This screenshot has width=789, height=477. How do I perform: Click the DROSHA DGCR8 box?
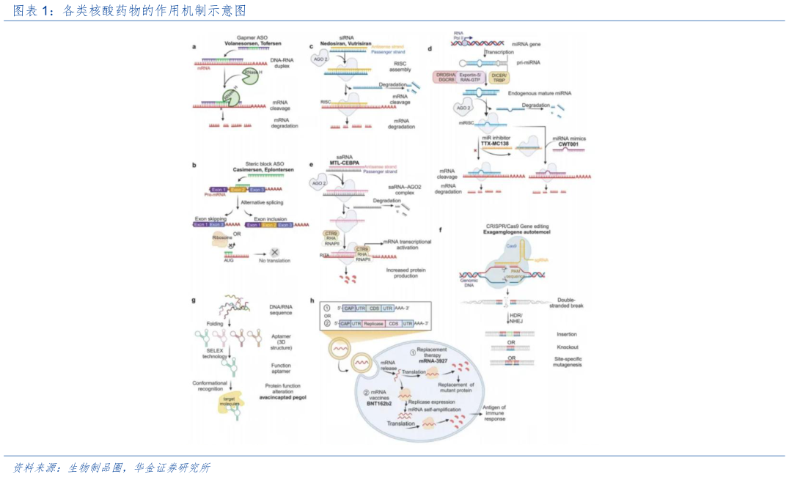447,77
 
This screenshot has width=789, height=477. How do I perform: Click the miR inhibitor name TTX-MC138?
495,144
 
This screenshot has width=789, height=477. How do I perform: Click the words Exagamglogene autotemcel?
518,232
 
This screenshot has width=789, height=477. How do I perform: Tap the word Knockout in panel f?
568,347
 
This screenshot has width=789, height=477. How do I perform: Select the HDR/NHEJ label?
516,317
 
